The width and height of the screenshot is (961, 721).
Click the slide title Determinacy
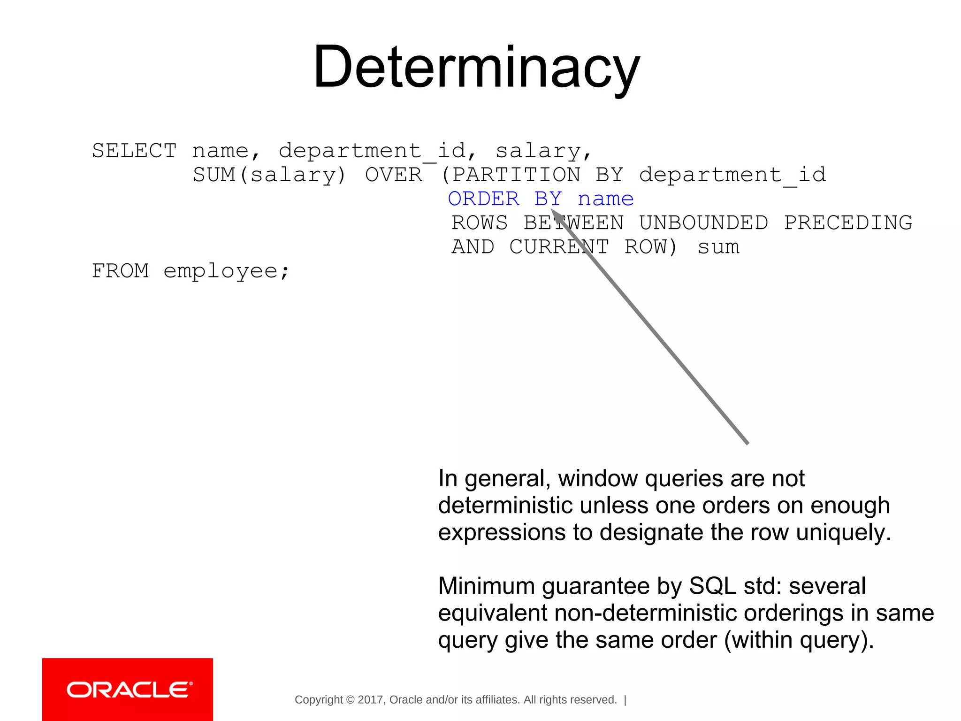476,67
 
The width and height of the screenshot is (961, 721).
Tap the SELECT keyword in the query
134,151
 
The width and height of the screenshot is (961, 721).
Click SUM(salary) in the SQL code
269,175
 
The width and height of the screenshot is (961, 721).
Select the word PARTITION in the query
516,175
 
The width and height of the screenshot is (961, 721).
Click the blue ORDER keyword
484,199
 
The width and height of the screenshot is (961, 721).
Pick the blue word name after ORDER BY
606,199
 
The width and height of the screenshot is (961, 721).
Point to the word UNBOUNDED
703,223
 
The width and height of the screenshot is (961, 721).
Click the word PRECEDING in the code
848,223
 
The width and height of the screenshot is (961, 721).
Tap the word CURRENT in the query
559,247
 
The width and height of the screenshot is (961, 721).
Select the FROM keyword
120,271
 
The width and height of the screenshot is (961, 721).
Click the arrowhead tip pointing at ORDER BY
553,212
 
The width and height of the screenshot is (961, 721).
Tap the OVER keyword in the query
394,175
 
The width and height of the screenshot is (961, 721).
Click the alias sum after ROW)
718,247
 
